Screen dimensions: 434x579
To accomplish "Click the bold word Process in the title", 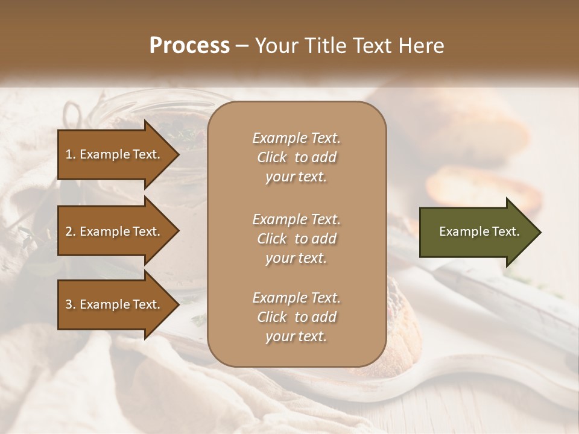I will click(189, 46).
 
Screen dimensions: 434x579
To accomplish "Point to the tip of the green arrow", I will click(540, 232).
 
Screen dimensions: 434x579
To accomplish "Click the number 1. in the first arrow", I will click(71, 154).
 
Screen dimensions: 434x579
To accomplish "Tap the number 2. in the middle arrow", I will click(71, 231).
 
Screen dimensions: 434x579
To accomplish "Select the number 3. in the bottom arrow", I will click(71, 304).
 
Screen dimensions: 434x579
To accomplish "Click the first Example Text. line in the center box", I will click(296, 138).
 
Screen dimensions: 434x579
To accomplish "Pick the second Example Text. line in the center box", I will click(296, 219).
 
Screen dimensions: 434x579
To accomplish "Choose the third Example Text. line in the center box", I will click(296, 298).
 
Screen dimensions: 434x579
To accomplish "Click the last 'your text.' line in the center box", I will click(296, 336).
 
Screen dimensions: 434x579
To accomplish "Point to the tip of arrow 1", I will click(178, 154).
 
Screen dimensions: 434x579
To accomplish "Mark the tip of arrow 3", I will click(178, 304).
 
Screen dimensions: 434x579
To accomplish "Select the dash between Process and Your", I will click(242, 46).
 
